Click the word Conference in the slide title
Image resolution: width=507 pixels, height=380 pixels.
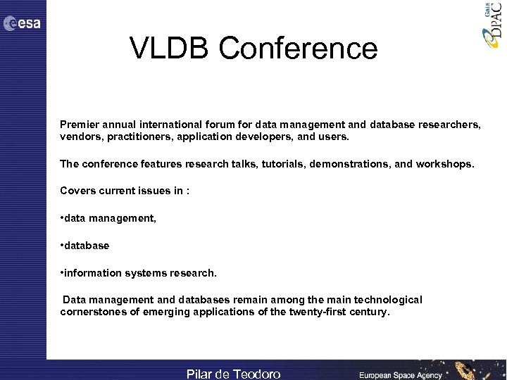(298, 49)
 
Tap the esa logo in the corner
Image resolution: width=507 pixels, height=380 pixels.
(22, 24)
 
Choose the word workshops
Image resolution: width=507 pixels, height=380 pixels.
(444, 164)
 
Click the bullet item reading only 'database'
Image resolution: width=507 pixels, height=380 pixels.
(85, 246)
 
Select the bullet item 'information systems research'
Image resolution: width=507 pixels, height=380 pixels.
(139, 272)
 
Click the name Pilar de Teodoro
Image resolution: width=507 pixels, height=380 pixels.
(233, 374)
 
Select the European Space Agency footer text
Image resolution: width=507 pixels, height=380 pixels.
(401, 375)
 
